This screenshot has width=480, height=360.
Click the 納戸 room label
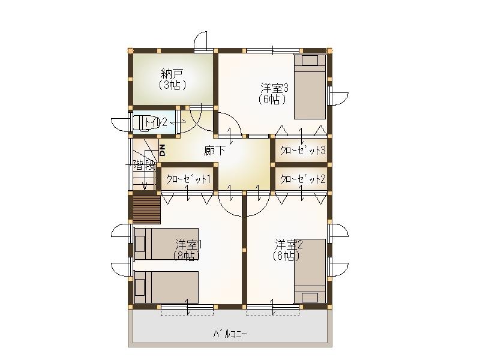172,74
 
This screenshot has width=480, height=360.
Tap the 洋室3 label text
274,88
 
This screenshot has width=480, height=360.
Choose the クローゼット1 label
188,178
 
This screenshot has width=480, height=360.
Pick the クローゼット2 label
302,178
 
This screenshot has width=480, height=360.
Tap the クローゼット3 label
302,150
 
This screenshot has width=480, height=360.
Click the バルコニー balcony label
229,334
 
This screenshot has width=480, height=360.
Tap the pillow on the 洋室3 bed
310,60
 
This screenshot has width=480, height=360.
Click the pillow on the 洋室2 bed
310,296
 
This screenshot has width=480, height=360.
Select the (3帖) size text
172,85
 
